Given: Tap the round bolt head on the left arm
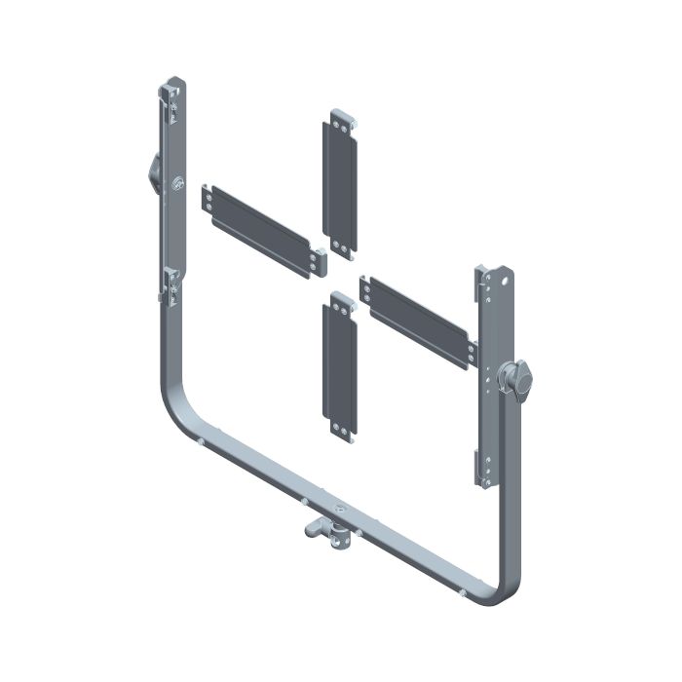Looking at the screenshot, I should pyautogui.click(x=176, y=182).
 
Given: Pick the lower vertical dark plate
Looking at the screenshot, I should pyautogui.click(x=341, y=366).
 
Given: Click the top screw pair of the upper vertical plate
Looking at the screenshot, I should pyautogui.click(x=342, y=124).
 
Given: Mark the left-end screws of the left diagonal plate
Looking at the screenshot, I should pyautogui.click(x=208, y=198).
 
